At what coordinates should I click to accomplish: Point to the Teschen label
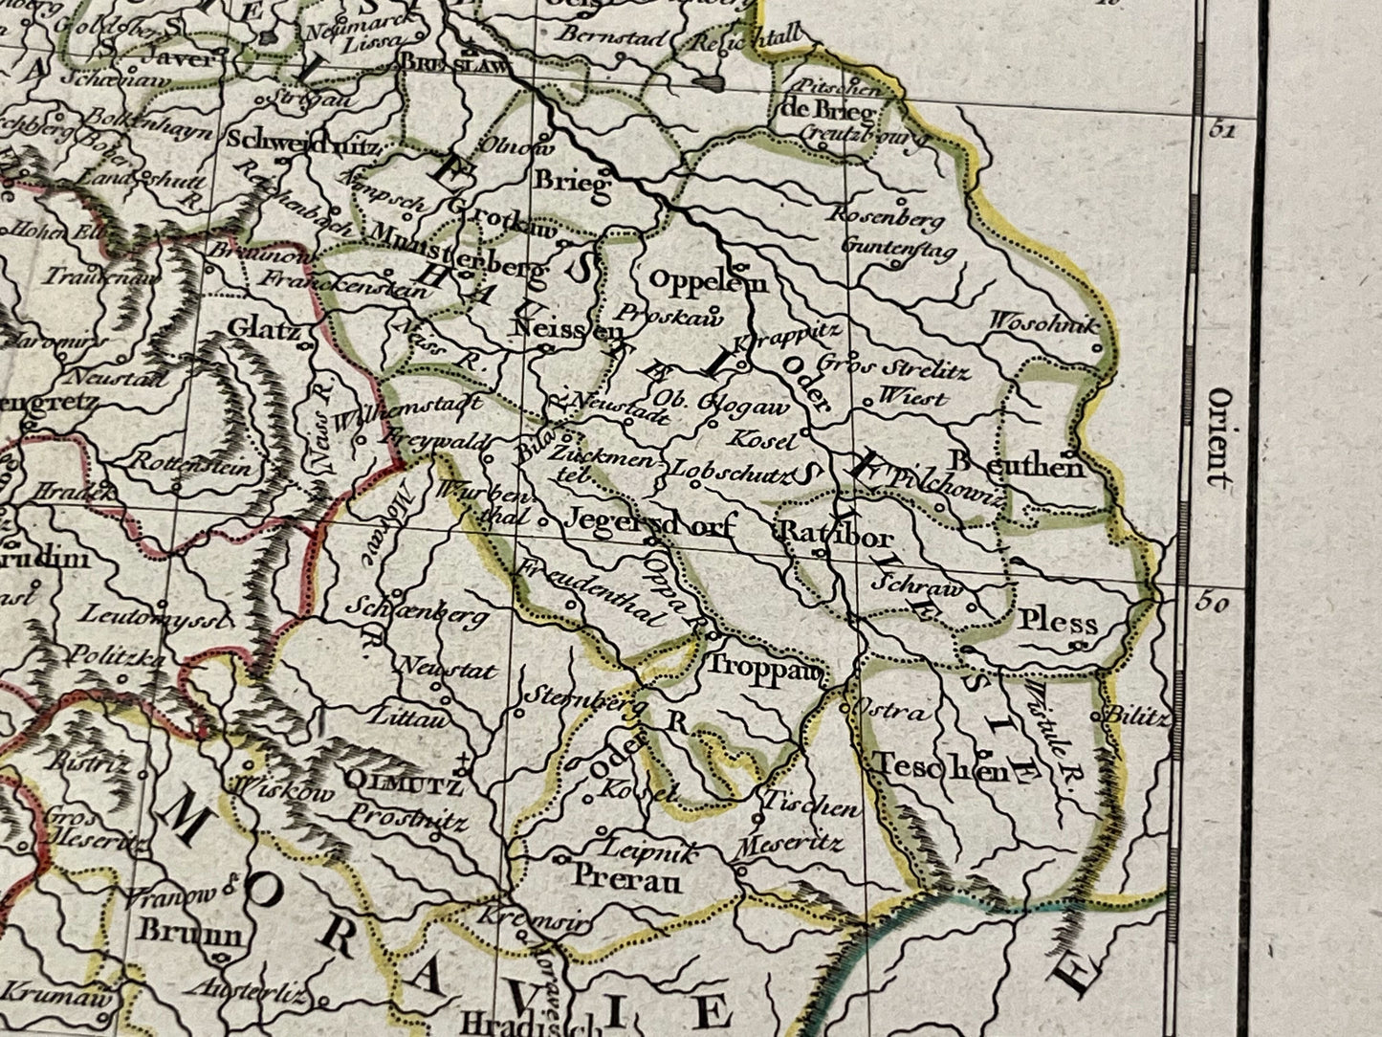940,767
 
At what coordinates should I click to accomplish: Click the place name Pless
1057,623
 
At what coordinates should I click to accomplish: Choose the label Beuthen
1018,466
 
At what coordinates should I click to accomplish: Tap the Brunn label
190,932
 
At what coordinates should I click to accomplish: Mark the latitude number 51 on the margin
1219,131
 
